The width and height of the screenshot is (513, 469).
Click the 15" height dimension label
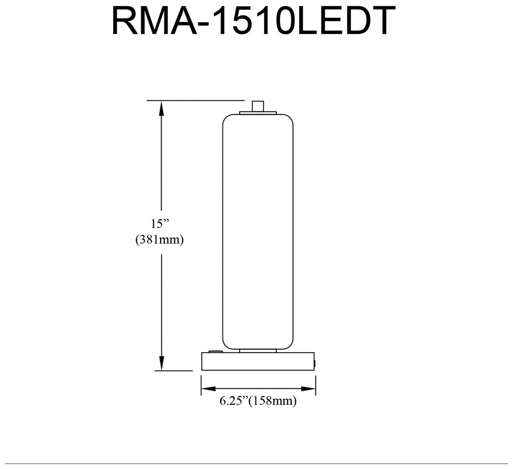click(160, 224)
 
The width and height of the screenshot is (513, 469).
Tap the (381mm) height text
click(159, 240)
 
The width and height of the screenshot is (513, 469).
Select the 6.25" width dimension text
click(234, 401)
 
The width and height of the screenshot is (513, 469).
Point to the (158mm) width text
click(273, 401)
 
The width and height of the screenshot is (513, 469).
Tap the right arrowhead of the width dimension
click(308, 389)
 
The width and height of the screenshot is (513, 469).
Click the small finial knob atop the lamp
click(258, 106)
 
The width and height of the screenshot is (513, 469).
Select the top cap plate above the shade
click(258, 112)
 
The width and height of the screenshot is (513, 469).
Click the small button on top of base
click(215, 351)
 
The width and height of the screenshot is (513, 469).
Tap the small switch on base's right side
click(315, 363)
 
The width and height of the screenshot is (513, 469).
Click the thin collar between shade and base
click(258, 351)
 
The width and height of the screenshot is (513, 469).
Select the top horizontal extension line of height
click(195, 101)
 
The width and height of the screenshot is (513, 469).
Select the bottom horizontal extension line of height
click(174, 371)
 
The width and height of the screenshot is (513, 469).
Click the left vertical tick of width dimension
click(201, 385)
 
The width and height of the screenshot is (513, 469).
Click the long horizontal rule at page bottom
click(256, 464)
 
